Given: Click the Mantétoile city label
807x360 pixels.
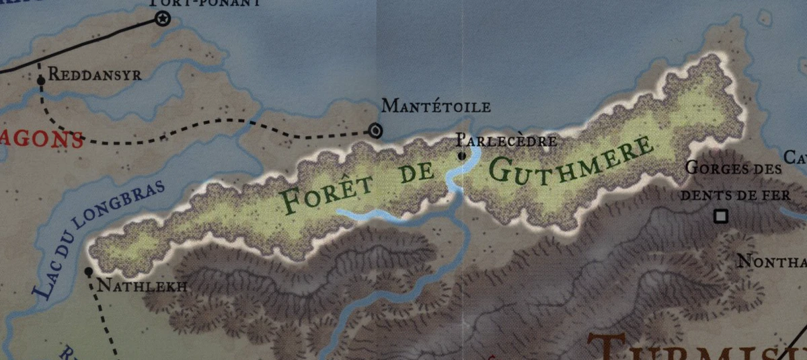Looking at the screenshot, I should tap(436, 106).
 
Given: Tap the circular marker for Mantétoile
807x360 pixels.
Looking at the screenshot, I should tap(376, 131).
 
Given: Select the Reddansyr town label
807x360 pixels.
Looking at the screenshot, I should tap(95, 75).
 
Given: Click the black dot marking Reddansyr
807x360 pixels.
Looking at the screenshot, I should tap(41, 80).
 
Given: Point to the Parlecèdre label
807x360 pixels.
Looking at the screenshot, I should tap(506, 141).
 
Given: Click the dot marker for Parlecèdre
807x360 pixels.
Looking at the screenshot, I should tap(461, 156).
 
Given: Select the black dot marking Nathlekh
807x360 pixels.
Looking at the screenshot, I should tap(88, 272).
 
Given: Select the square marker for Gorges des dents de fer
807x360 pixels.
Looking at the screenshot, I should tap(722, 216).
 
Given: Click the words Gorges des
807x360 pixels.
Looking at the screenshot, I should tap(734, 168).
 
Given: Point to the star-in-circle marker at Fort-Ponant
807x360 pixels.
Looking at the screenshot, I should tap(162, 19).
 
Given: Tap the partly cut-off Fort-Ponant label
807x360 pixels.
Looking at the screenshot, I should tap(205, 3).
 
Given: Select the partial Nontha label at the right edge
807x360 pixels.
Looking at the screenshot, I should tap(771, 262).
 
